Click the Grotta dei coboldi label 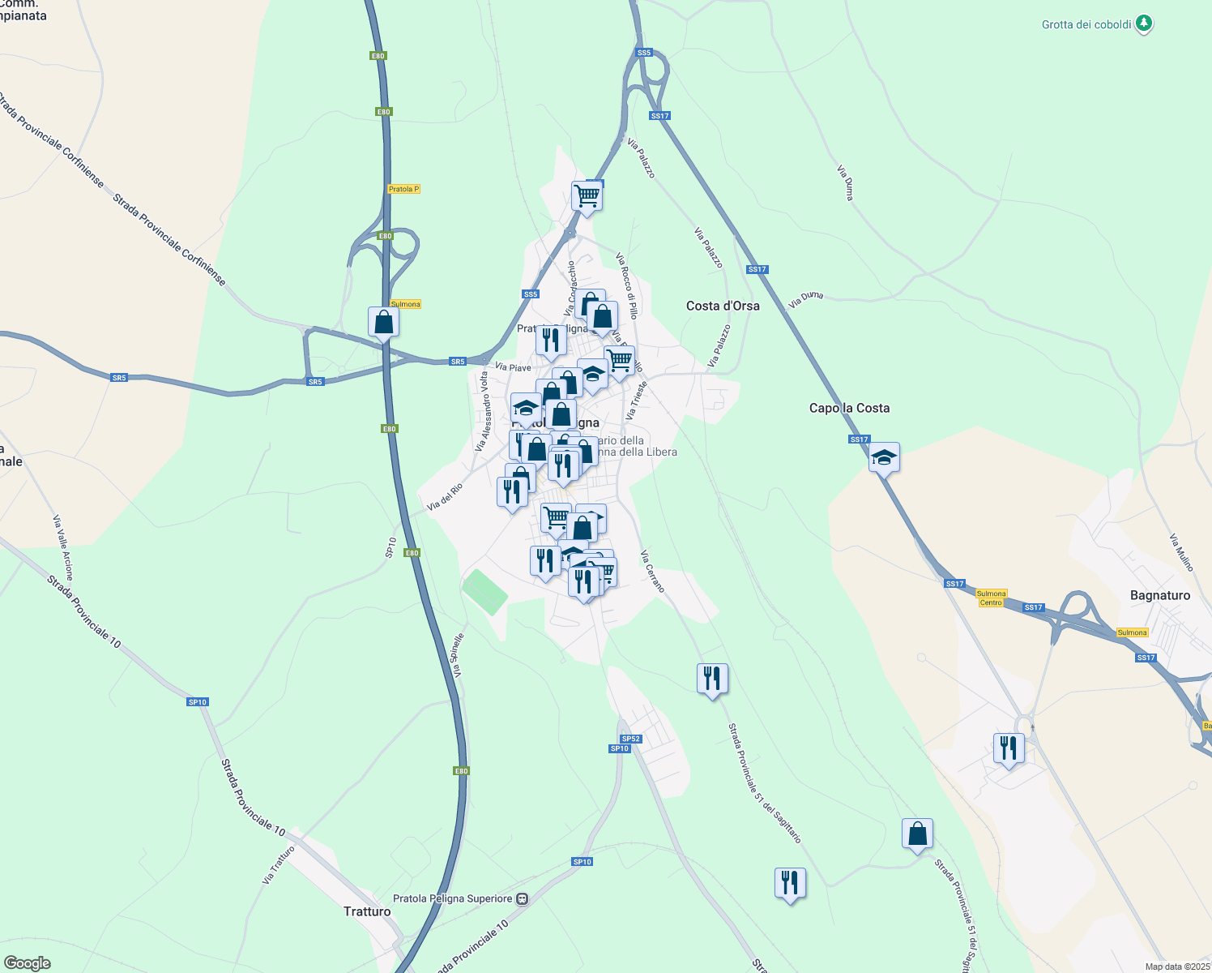(1086, 24)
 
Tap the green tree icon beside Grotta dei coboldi (1143, 24)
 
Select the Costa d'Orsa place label (723, 306)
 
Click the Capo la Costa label (849, 408)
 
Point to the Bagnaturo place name (1159, 595)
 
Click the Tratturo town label (367, 911)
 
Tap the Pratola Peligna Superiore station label (452, 898)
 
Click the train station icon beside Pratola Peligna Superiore (523, 898)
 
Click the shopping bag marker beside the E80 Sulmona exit (383, 322)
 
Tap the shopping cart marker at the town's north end (587, 195)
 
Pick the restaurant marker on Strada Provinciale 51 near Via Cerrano (712, 678)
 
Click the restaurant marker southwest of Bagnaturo (1009, 748)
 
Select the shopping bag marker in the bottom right (917, 834)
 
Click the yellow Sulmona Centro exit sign (991, 598)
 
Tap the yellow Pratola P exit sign (403, 189)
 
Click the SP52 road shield (631, 739)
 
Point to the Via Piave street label (513, 367)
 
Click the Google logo (28, 963)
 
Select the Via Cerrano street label (652, 572)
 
